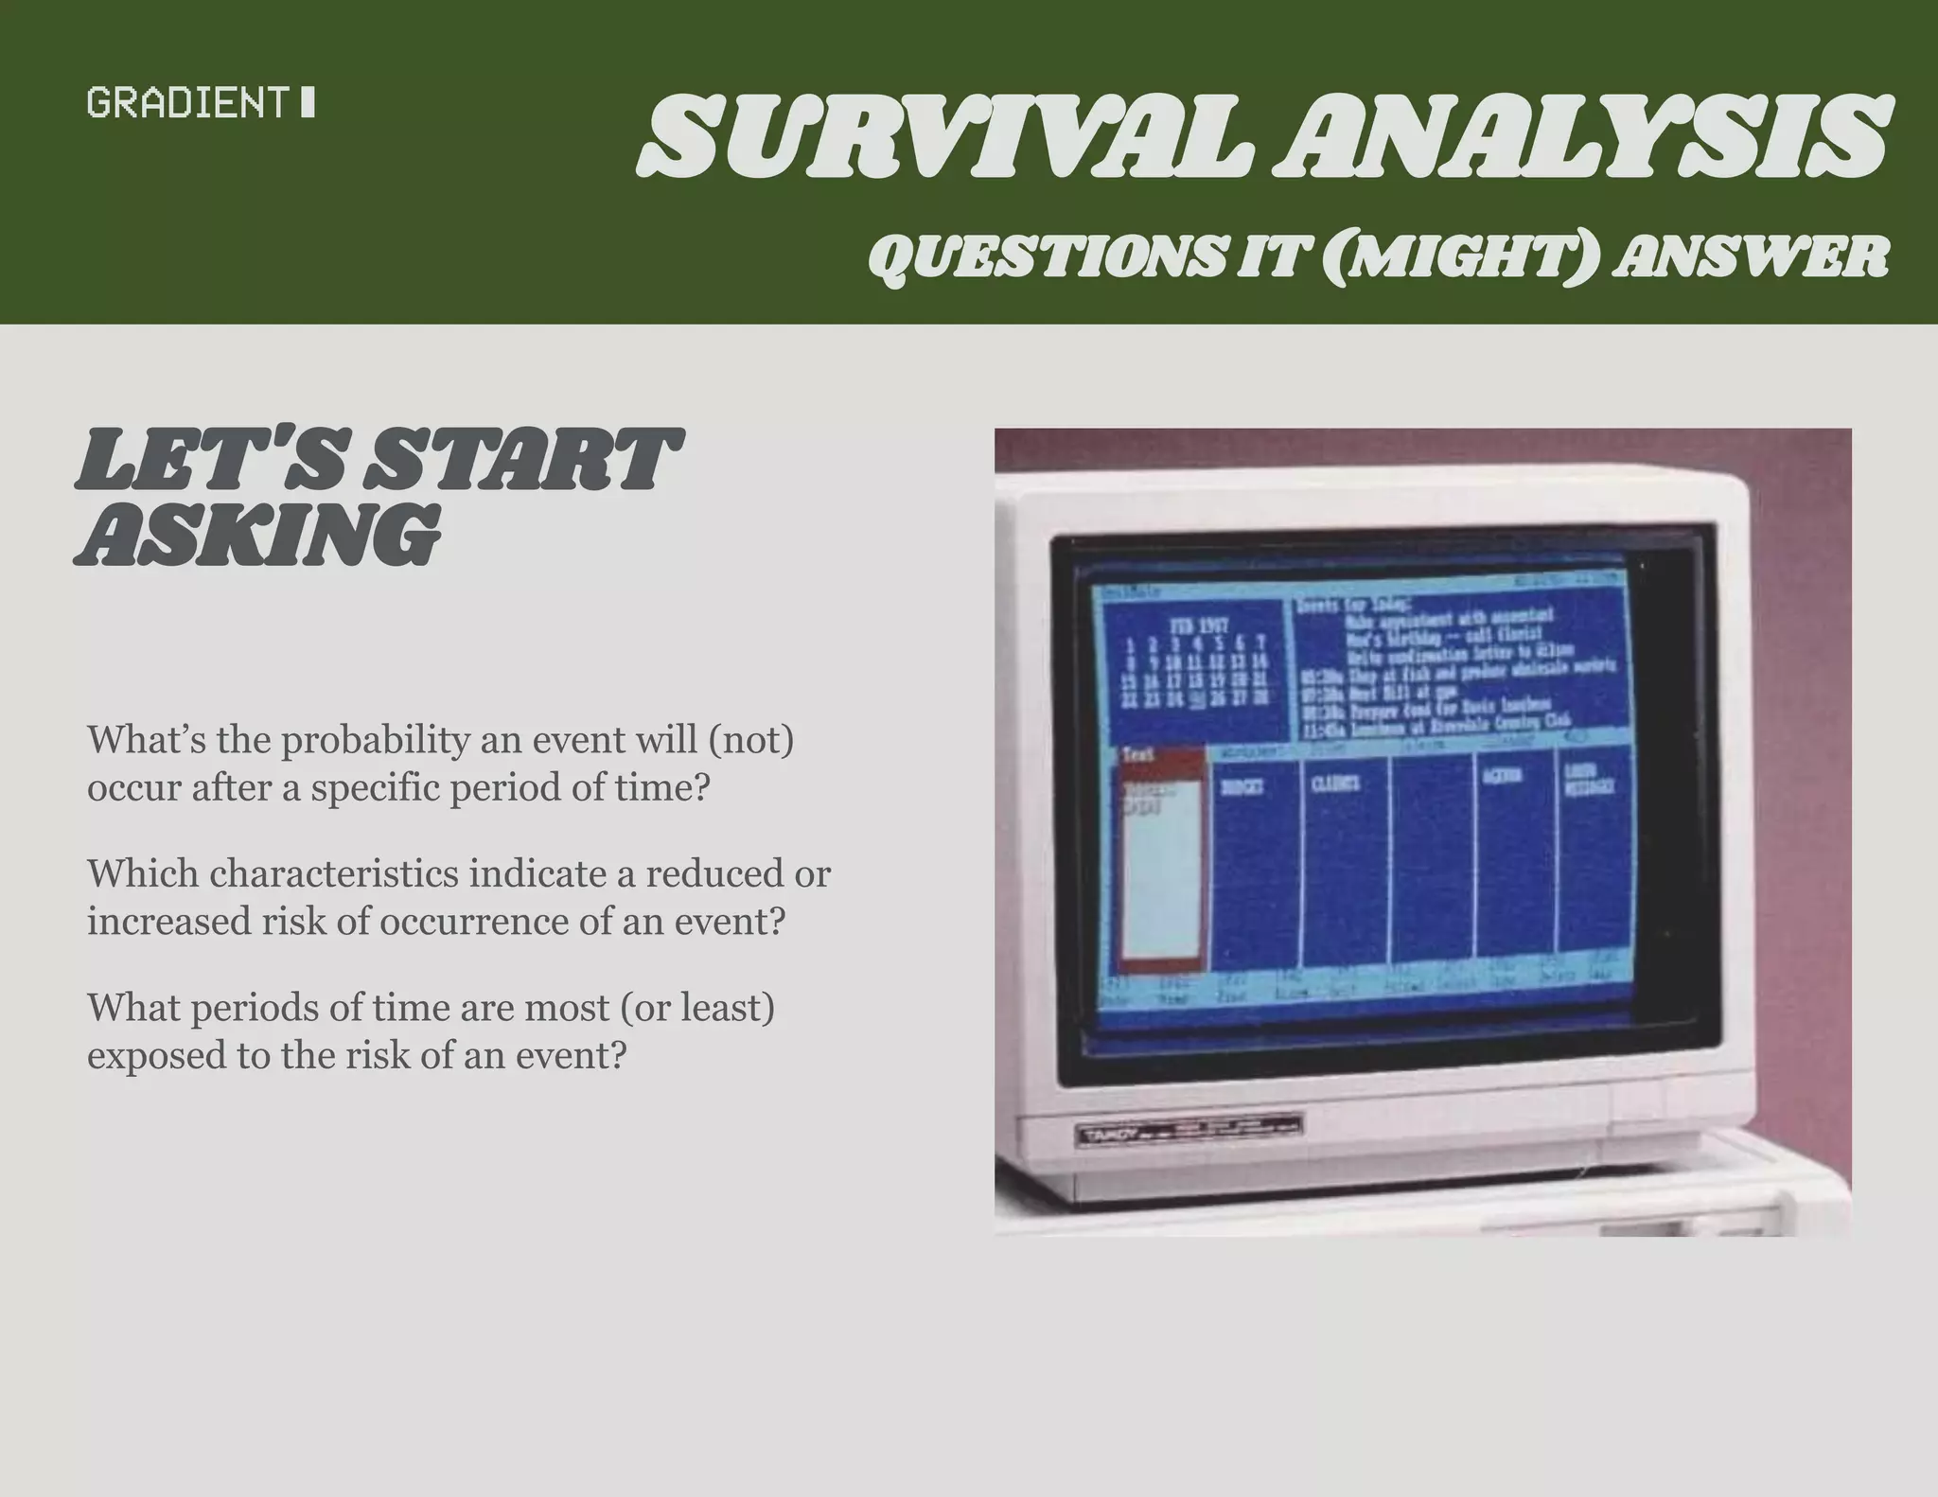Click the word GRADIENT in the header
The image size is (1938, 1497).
pyautogui.click(x=185, y=102)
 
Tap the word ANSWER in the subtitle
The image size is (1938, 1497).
pyautogui.click(x=1750, y=256)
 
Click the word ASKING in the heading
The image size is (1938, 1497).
pyautogui.click(x=258, y=535)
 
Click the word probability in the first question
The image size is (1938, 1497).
pyautogui.click(x=375, y=739)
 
